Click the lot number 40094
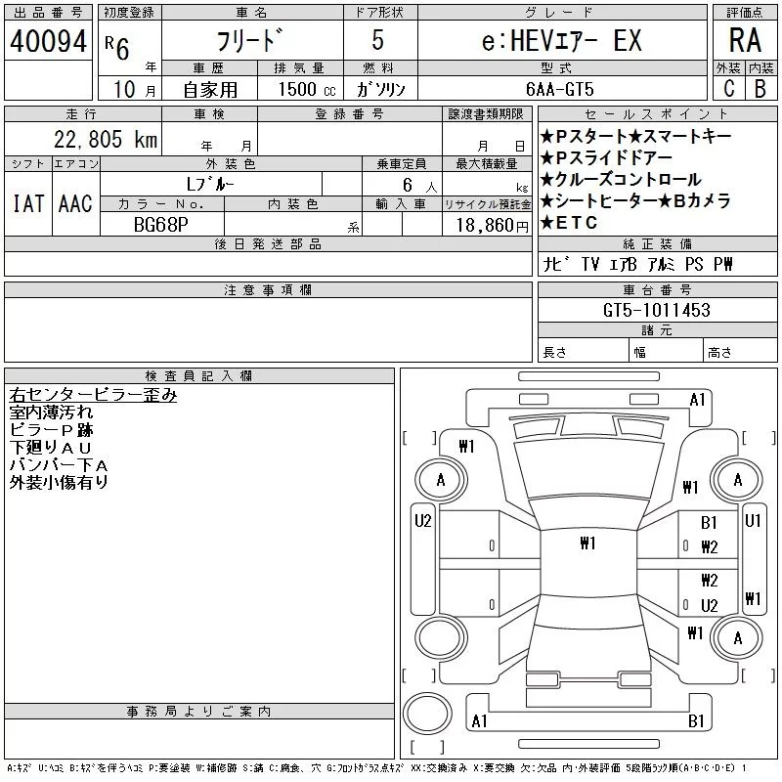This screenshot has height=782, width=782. coord(48,41)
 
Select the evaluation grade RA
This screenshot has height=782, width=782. coord(744,40)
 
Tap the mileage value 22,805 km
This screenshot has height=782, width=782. coord(104,140)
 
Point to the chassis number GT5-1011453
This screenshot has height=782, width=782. coord(656,310)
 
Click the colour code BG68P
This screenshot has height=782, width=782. coord(161,223)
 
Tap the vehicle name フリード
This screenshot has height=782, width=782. coord(251,41)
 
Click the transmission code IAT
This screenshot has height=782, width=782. coord(27,203)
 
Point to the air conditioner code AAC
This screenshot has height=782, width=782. coord(75,203)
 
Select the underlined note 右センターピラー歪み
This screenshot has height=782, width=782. coord(93,395)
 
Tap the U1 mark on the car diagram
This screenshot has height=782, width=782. coord(753,521)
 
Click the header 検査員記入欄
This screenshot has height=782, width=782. coord(199,376)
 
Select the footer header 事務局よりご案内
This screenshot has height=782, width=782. coord(199,711)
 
